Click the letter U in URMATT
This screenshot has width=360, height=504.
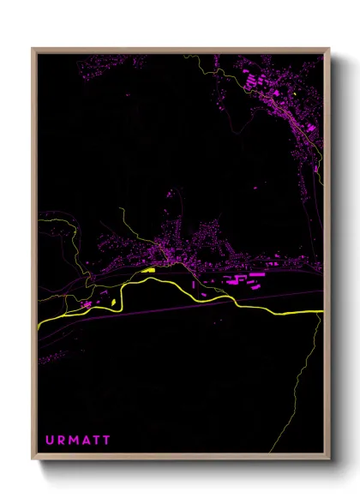50,441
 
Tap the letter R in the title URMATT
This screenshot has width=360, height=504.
62,441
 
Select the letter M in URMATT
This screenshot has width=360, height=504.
75,441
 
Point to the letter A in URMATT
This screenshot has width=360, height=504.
87,441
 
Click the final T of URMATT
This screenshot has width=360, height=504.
107,441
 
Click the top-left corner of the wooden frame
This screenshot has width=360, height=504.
33,49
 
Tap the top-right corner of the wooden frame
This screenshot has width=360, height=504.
329,49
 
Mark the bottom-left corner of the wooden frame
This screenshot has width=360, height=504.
33,459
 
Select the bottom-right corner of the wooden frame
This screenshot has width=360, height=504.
329,459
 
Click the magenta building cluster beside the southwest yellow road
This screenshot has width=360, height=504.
87,303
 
